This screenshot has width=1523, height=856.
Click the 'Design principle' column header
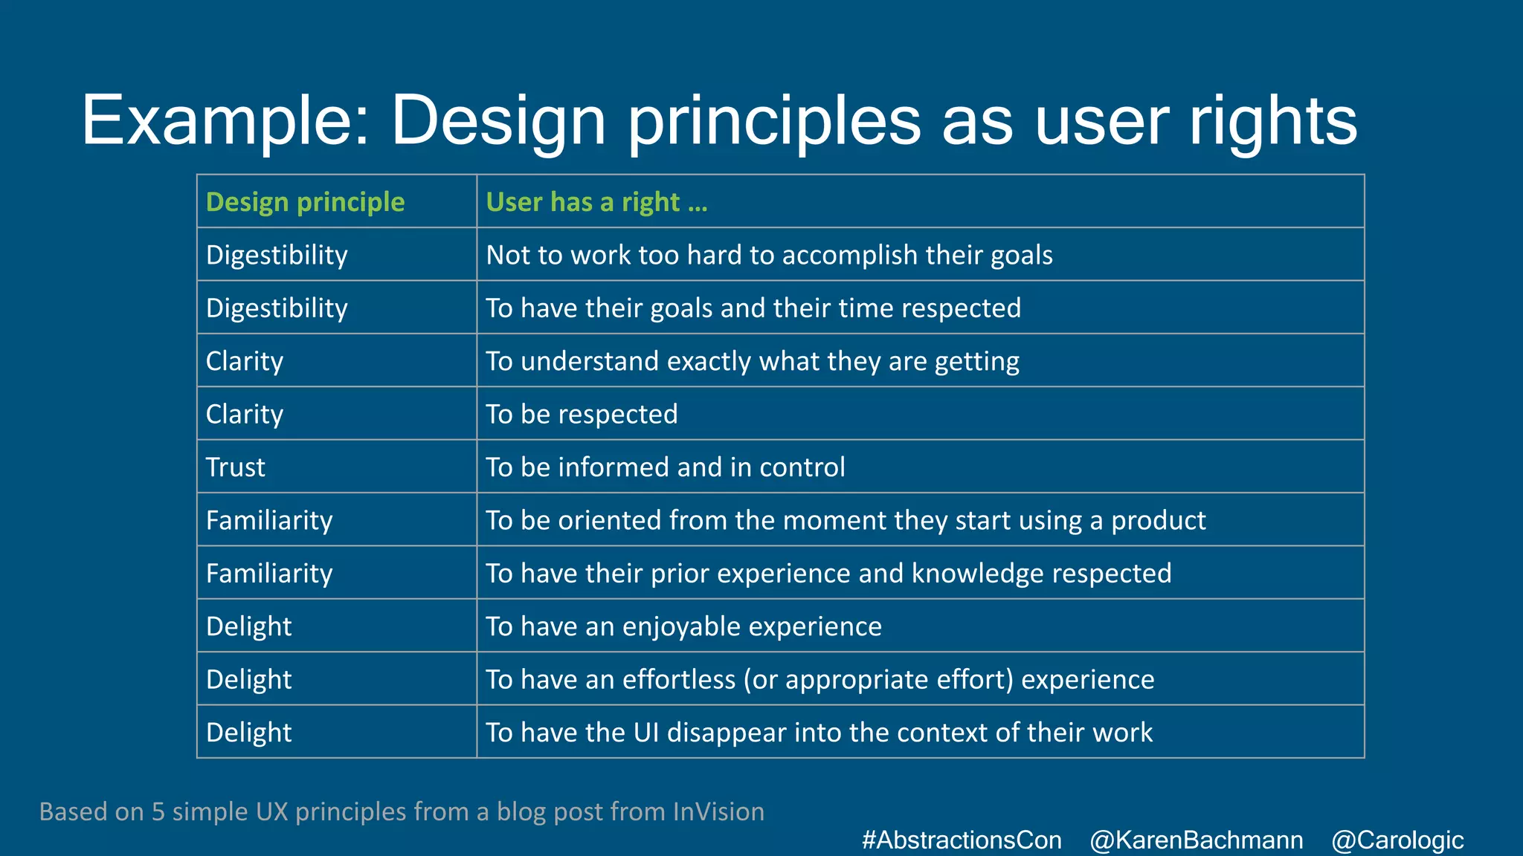click(x=305, y=202)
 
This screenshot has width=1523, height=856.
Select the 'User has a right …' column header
click(x=596, y=202)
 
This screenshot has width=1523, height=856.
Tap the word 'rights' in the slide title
click(x=1272, y=120)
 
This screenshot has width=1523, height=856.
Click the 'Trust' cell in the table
click(x=235, y=467)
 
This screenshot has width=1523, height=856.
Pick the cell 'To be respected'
click(x=582, y=414)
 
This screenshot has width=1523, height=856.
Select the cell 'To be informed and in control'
click(x=666, y=467)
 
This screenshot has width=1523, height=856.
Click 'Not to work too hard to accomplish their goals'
click(x=769, y=255)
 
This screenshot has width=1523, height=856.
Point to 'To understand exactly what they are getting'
click(x=752, y=361)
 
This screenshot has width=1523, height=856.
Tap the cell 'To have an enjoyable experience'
click(x=683, y=626)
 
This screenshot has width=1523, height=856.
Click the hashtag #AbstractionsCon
click(x=962, y=840)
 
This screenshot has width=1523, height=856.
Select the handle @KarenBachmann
click(x=1196, y=840)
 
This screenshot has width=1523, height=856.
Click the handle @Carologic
click(x=1397, y=840)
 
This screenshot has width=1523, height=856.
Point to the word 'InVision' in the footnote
click(x=718, y=811)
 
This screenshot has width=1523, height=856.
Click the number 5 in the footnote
click(x=158, y=811)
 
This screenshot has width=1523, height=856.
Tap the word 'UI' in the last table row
click(x=645, y=733)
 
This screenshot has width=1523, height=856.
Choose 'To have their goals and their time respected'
click(x=753, y=308)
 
